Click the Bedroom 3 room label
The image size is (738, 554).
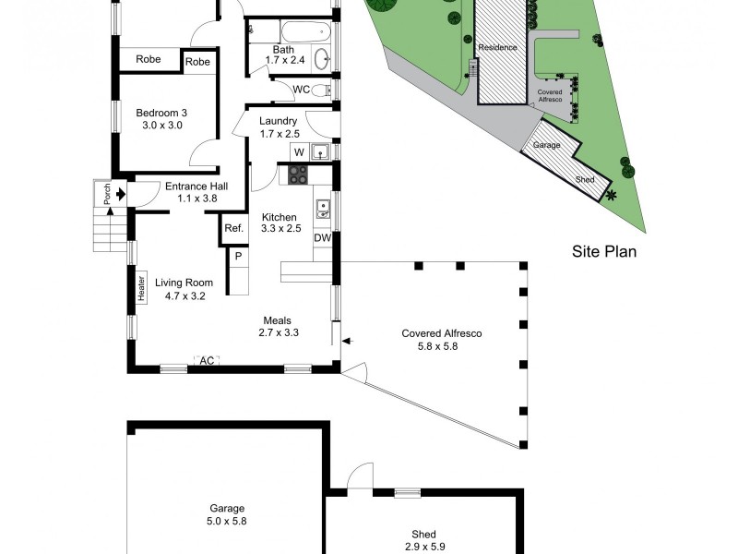[x=162, y=119]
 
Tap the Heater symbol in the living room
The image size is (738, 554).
[x=143, y=287]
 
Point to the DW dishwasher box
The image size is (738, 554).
[x=321, y=238]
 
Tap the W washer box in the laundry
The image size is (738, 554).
[x=298, y=151]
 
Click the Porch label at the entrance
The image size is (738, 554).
[x=106, y=194]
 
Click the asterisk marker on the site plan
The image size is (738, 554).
[x=610, y=195]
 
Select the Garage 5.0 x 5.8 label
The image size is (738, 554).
[x=226, y=514]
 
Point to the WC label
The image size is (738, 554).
[x=301, y=90]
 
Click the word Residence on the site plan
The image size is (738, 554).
[x=498, y=46]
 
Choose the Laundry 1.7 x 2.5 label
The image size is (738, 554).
[x=278, y=127]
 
